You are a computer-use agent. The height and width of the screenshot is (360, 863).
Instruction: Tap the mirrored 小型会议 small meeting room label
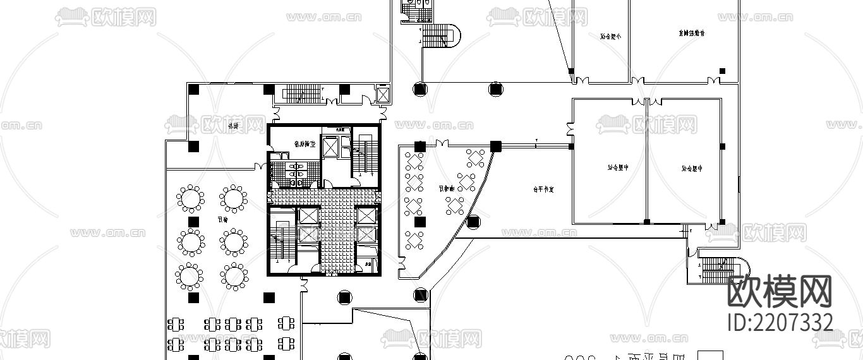(610, 36)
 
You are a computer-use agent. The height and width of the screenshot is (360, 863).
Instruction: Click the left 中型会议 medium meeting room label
(619, 168)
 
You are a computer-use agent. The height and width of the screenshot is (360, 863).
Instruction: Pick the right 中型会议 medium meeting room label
(692, 169)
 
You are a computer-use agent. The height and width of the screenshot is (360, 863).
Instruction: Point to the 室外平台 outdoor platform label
(543, 189)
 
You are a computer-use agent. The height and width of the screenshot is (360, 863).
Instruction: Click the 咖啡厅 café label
(447, 188)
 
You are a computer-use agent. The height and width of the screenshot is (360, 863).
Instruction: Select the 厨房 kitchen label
(233, 126)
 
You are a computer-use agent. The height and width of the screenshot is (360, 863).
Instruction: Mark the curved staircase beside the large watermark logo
(720, 269)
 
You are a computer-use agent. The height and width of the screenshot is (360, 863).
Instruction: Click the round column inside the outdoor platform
(473, 222)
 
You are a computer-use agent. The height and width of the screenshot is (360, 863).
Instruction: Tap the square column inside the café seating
(419, 222)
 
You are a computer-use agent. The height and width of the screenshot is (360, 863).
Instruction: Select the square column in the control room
(722, 71)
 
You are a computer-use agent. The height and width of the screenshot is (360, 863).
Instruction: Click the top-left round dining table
(190, 198)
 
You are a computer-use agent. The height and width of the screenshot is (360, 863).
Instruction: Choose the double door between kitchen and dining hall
(259, 167)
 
